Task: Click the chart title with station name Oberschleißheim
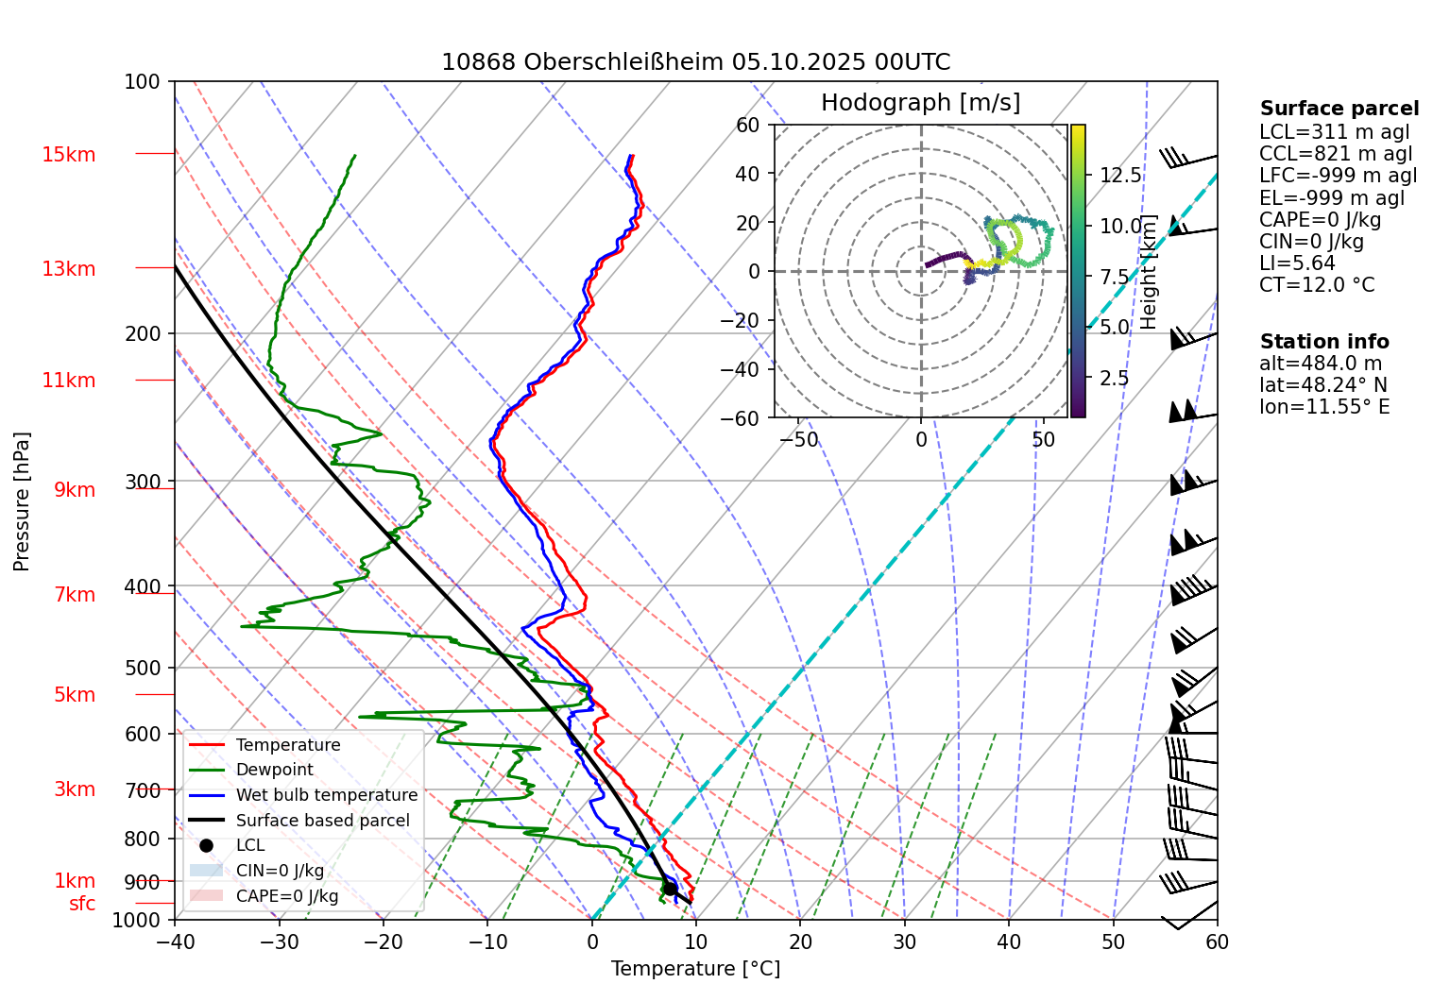[x=695, y=62]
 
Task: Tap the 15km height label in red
[x=68, y=155]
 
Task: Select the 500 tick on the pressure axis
[x=143, y=668]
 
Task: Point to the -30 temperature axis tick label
[x=279, y=942]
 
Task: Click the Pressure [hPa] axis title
[x=22, y=501]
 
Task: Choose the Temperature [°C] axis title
[x=695, y=969]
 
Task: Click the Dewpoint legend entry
[x=274, y=770]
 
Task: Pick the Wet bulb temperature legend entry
[x=326, y=795]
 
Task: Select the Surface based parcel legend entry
[x=322, y=821]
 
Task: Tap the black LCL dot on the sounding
[x=670, y=889]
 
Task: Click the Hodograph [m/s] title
[x=920, y=103]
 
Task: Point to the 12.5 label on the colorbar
[x=1120, y=176]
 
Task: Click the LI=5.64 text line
[x=1297, y=263]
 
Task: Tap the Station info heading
[x=1324, y=342]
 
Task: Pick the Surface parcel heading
[x=1339, y=109]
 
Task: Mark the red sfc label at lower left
[x=82, y=904]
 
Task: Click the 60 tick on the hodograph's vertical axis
[x=747, y=125]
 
